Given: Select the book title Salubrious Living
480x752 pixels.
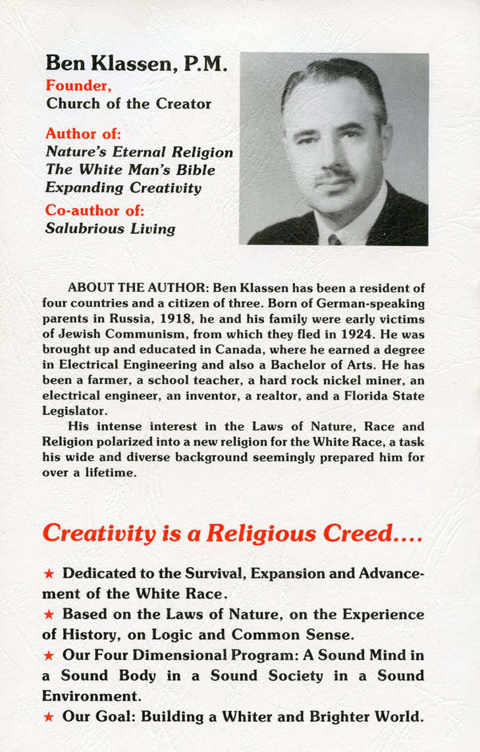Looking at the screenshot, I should (110, 229).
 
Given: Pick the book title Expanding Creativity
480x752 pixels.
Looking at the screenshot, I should (123, 188).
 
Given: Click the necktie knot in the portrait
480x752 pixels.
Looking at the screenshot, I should (335, 239).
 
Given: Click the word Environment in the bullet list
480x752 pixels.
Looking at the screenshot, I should (90, 697).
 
